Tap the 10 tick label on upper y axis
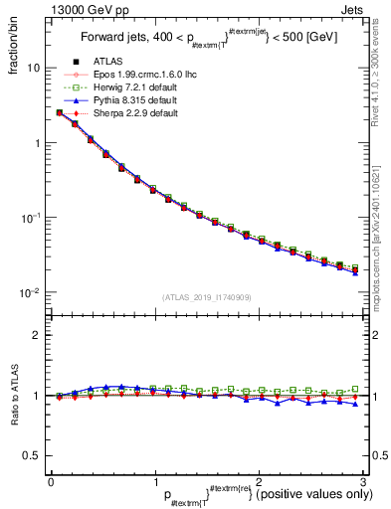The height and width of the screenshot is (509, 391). pos(33,68)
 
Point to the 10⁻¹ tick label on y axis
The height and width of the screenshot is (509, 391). pos(31,218)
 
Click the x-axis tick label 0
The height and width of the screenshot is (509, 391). pos(51,480)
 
